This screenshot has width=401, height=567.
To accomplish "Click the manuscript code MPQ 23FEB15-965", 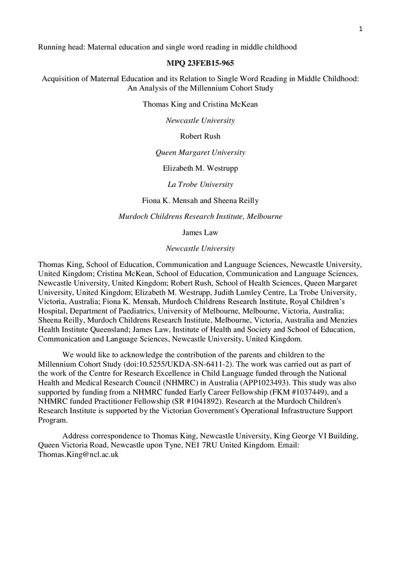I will click(200, 62).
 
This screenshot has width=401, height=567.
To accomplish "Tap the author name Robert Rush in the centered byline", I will click(200, 136).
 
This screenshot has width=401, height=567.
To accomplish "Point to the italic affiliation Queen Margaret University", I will click(200, 153).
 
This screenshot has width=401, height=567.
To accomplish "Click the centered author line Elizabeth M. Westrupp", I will click(200, 168).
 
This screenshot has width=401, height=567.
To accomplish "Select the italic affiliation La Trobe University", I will click(200, 184).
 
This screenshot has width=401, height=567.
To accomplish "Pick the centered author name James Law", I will click(200, 232).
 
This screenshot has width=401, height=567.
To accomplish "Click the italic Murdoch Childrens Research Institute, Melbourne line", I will click(200, 217).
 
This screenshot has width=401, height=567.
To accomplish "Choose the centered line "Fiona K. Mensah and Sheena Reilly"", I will click(200, 200).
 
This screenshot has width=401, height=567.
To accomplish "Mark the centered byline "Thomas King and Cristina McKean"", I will click(200, 104).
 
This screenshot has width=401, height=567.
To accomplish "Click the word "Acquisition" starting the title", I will click(64, 79).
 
